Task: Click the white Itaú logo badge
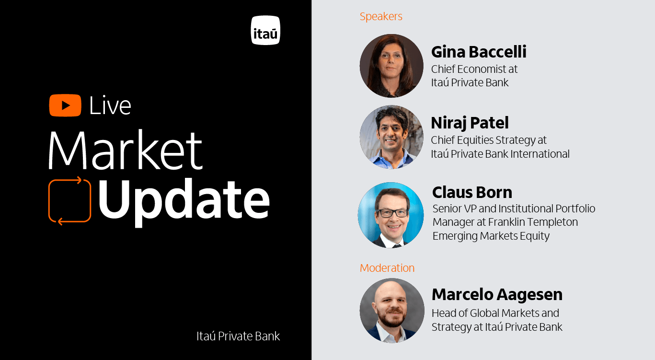click(265, 30)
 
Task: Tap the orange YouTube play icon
click(65, 105)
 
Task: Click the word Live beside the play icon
click(110, 106)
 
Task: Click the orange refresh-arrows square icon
click(69, 200)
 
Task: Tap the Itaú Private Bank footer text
click(238, 336)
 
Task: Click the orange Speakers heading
click(381, 16)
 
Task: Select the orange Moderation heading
click(387, 268)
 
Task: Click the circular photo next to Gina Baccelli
click(391, 66)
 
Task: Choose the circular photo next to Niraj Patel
click(391, 137)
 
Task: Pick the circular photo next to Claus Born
click(391, 215)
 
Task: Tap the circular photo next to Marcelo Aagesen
click(392, 310)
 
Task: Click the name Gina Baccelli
click(479, 52)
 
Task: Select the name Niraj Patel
click(470, 123)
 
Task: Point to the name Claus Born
click(472, 192)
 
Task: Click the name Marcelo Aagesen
click(497, 294)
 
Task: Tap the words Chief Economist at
click(474, 69)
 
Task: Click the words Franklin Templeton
click(533, 222)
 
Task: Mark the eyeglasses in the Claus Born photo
click(391, 212)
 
